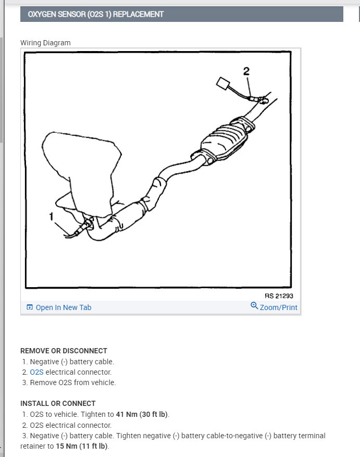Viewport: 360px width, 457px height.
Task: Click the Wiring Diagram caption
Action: [x=45, y=43]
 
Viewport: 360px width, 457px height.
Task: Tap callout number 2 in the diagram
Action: [x=246, y=70]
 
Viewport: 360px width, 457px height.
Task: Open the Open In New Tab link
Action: [x=63, y=307]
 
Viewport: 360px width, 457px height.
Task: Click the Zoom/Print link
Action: [x=279, y=307]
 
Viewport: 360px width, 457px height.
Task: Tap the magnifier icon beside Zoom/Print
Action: [x=254, y=306]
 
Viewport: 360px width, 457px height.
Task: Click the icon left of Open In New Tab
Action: [x=29, y=307]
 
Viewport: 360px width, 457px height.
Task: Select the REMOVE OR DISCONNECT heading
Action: [x=64, y=351]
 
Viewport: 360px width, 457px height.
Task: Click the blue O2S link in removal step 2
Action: [x=36, y=372]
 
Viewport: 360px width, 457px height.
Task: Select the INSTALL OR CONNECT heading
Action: [x=58, y=403]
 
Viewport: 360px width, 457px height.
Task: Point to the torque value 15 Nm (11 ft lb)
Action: [x=82, y=446]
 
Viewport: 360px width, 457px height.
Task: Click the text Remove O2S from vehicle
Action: [x=73, y=382]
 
